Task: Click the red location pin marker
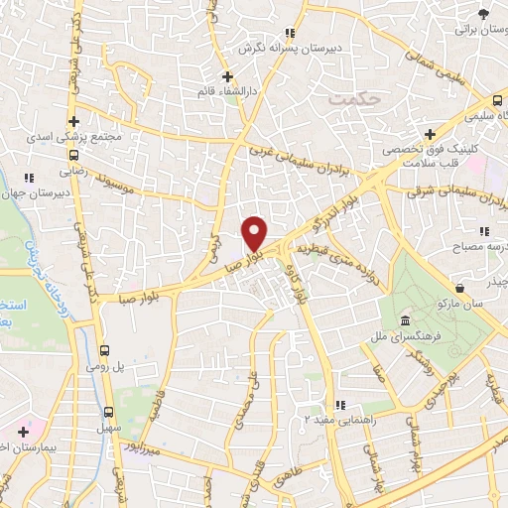coord(254,232)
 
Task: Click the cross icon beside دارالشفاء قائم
coord(227,76)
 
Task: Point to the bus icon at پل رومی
coord(105,351)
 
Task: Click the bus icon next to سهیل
coord(108,411)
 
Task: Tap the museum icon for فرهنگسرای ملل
coord(405,321)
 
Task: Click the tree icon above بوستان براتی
coord(483,14)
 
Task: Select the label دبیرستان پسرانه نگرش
coord(289,47)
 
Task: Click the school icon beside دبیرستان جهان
coord(30,178)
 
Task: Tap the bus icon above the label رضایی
coord(73,154)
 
